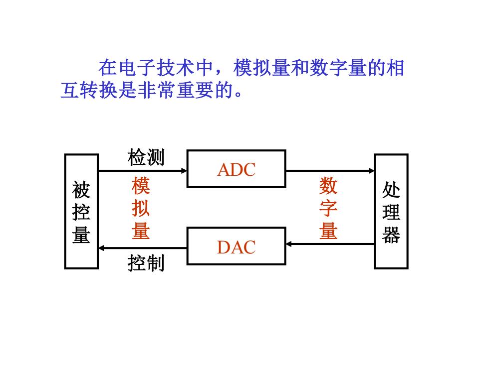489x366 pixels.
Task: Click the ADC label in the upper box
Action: click(237, 170)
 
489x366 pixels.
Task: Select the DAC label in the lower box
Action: click(237, 247)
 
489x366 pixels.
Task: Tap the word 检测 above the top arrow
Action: click(146, 157)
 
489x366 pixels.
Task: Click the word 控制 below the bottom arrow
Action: click(146, 263)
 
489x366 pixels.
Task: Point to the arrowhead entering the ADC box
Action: click(184, 170)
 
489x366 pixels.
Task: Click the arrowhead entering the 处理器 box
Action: click(371, 170)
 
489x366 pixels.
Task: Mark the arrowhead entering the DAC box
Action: click(289, 244)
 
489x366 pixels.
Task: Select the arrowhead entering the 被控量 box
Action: click(101, 248)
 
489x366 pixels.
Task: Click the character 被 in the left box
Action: click(81, 190)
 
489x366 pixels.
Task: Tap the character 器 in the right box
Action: click(391, 235)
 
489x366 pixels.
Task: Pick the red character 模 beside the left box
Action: click(141, 185)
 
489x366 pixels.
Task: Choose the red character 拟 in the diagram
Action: click(141, 208)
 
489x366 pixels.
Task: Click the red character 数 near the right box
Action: click(328, 185)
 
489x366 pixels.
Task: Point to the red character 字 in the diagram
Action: click(328, 208)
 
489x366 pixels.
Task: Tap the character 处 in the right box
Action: click(391, 190)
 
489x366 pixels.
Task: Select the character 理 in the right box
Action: click(391, 212)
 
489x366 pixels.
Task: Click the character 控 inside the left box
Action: click(81, 212)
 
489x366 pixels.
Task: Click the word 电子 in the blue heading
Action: click(137, 68)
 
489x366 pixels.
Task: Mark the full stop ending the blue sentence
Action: click(239, 94)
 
